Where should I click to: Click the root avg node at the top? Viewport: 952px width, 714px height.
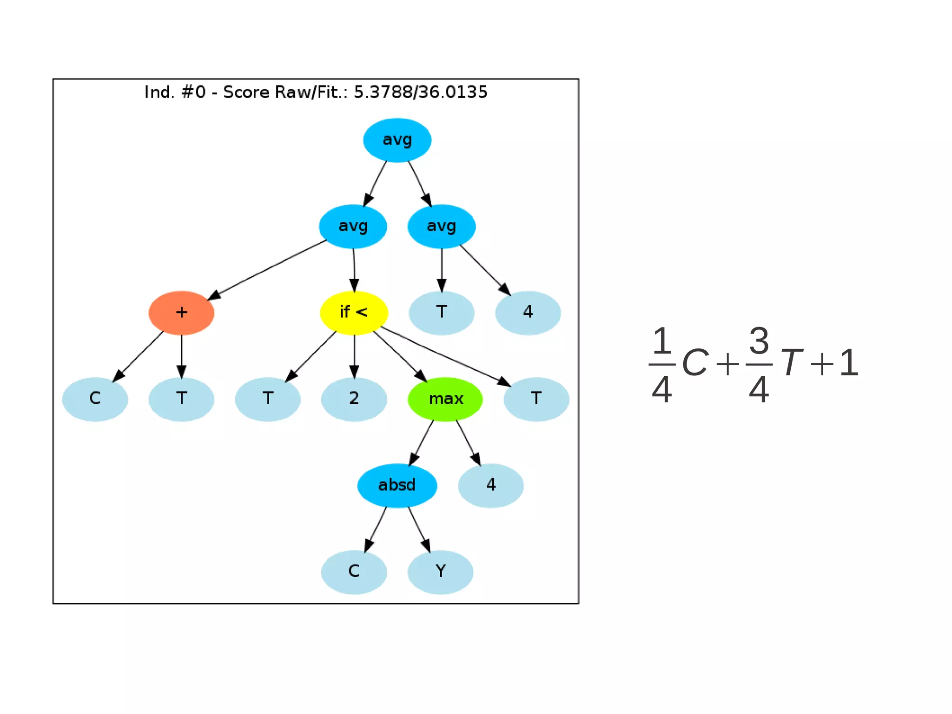pyautogui.click(x=397, y=140)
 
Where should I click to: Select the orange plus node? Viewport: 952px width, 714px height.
pyautogui.click(x=181, y=313)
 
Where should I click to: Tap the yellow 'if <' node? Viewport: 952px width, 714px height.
pyautogui.click(x=354, y=313)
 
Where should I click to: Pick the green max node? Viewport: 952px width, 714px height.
pyautogui.click(x=445, y=399)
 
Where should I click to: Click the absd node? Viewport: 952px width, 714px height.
pyautogui.click(x=397, y=485)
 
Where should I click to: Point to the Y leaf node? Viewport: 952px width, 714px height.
pyautogui.click(x=440, y=572)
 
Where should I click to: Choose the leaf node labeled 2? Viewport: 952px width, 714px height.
pyautogui.click(x=354, y=399)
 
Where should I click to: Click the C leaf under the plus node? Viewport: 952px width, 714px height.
pyautogui.click(x=95, y=399)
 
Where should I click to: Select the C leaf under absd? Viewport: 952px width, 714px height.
pyautogui.click(x=354, y=572)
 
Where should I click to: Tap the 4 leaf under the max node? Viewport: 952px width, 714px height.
pyautogui.click(x=491, y=485)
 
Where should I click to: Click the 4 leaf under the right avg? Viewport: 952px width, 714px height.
pyautogui.click(x=528, y=313)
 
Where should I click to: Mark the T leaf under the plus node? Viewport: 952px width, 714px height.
pyautogui.click(x=181, y=399)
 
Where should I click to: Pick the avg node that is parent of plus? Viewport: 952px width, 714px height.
pyautogui.click(x=353, y=227)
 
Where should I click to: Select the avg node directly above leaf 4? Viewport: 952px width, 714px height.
pyautogui.click(x=442, y=227)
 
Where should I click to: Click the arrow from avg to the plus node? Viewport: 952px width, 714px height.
pyautogui.click(x=267, y=269)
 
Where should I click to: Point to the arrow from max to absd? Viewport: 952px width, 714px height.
pyautogui.click(x=421, y=442)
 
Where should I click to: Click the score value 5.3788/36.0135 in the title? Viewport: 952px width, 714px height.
pyautogui.click(x=420, y=92)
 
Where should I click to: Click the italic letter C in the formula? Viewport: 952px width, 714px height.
pyautogui.click(x=695, y=363)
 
